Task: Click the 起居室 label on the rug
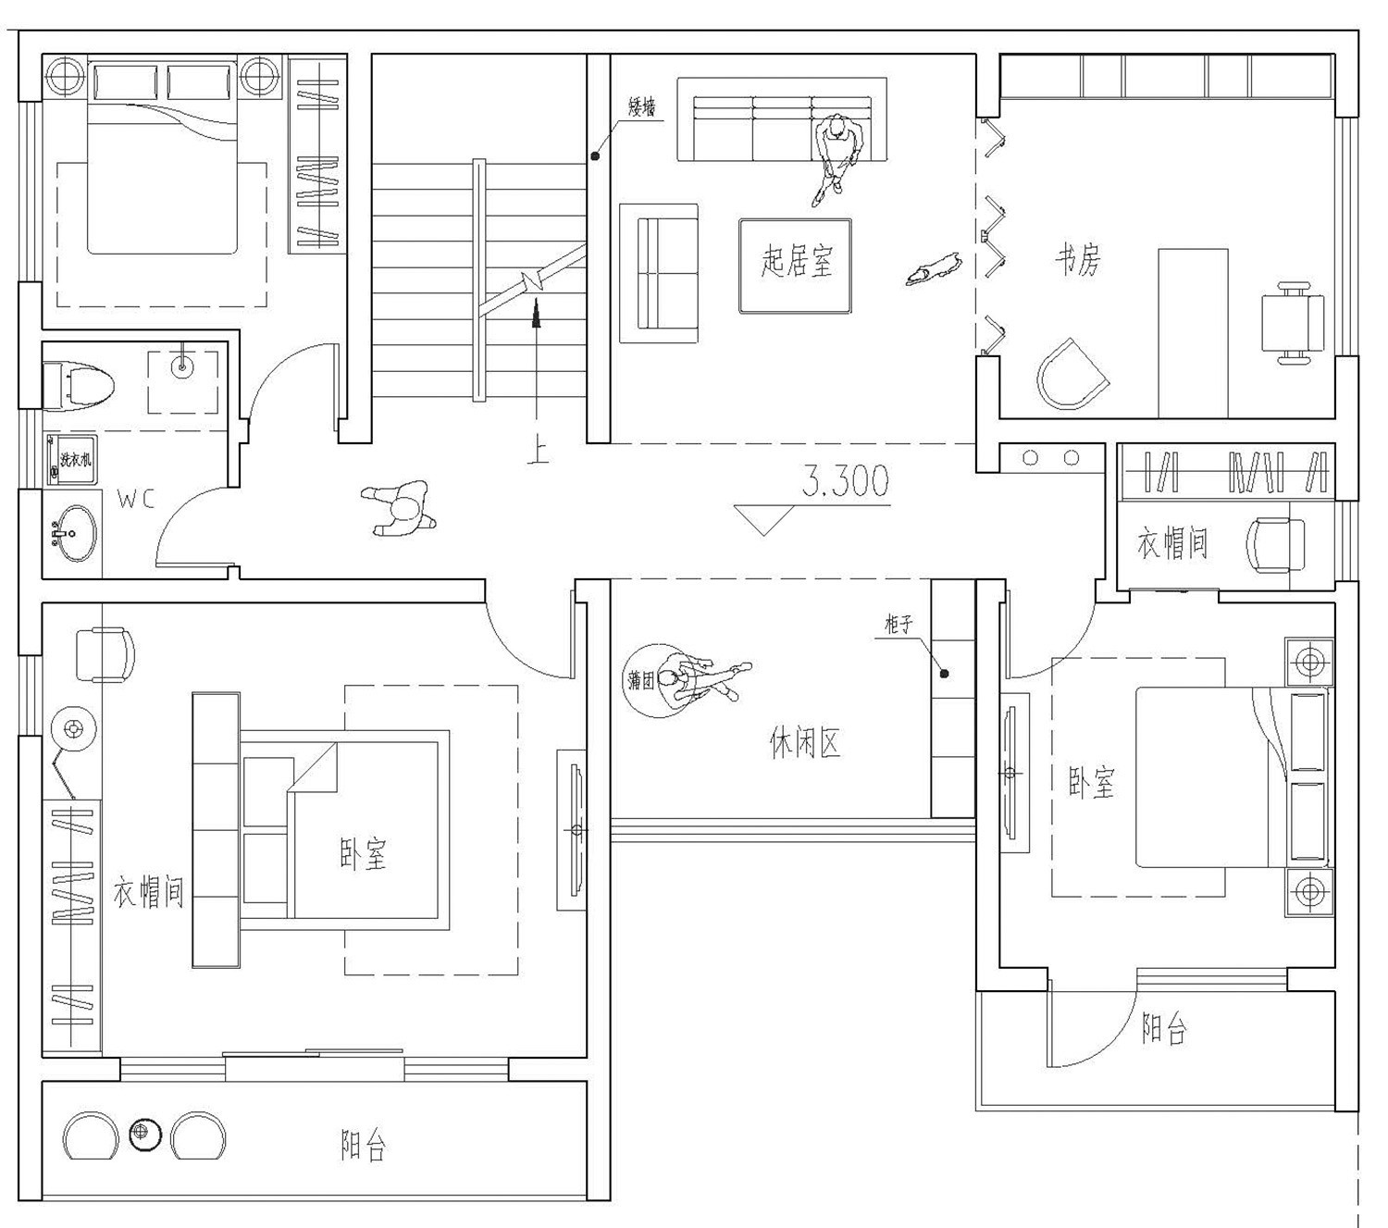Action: pyautogui.click(x=797, y=263)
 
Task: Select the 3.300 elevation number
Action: pyautogui.click(x=845, y=481)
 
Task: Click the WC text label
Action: pyautogui.click(x=136, y=500)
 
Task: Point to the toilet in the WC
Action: pyautogui.click(x=80, y=381)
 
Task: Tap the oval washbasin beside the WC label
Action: pyautogui.click(x=72, y=533)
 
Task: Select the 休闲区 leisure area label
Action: pyautogui.click(x=805, y=742)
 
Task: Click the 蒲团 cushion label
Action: pyautogui.click(x=640, y=681)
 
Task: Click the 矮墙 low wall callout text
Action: pyautogui.click(x=641, y=108)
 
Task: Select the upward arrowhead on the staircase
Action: pyautogui.click(x=536, y=315)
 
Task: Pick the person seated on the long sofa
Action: pyautogui.click(x=837, y=153)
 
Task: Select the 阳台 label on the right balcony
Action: pyautogui.click(x=1163, y=1029)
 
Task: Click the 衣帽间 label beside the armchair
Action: pyautogui.click(x=1172, y=543)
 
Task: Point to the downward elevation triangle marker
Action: pyautogui.click(x=764, y=518)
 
